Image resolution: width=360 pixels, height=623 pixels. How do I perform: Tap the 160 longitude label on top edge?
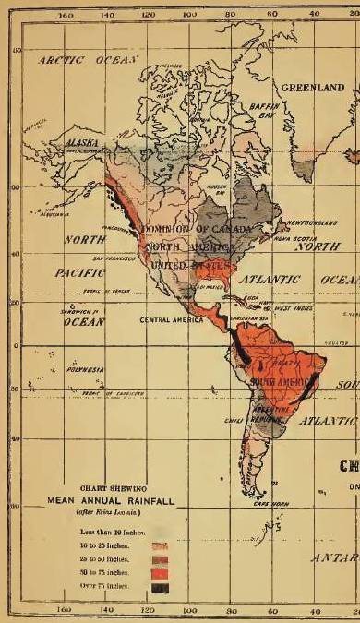click(x=65, y=15)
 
